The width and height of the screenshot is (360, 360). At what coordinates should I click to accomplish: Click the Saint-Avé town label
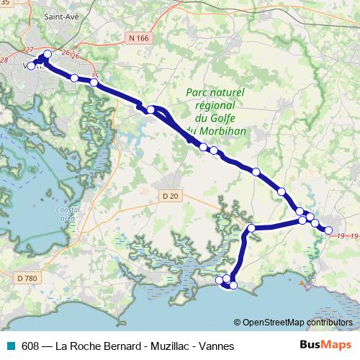(62, 14)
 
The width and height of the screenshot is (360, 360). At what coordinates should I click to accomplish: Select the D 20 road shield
(170, 195)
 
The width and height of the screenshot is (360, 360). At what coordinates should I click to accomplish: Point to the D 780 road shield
(25, 276)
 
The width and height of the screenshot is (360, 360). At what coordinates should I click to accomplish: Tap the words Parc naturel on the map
(215, 92)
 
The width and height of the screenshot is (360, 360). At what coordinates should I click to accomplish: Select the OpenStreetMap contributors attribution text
(297, 322)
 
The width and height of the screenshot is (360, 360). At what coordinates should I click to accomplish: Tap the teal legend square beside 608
(11, 346)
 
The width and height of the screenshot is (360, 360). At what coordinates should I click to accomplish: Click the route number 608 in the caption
(30, 346)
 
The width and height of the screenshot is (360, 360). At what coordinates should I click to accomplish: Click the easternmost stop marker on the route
(329, 230)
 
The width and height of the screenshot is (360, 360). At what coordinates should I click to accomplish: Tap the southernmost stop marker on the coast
(233, 285)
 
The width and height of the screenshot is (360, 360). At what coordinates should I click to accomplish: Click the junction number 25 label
(95, 75)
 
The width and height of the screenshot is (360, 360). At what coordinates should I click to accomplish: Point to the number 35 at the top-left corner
(6, 4)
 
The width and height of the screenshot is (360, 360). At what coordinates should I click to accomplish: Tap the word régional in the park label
(215, 105)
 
